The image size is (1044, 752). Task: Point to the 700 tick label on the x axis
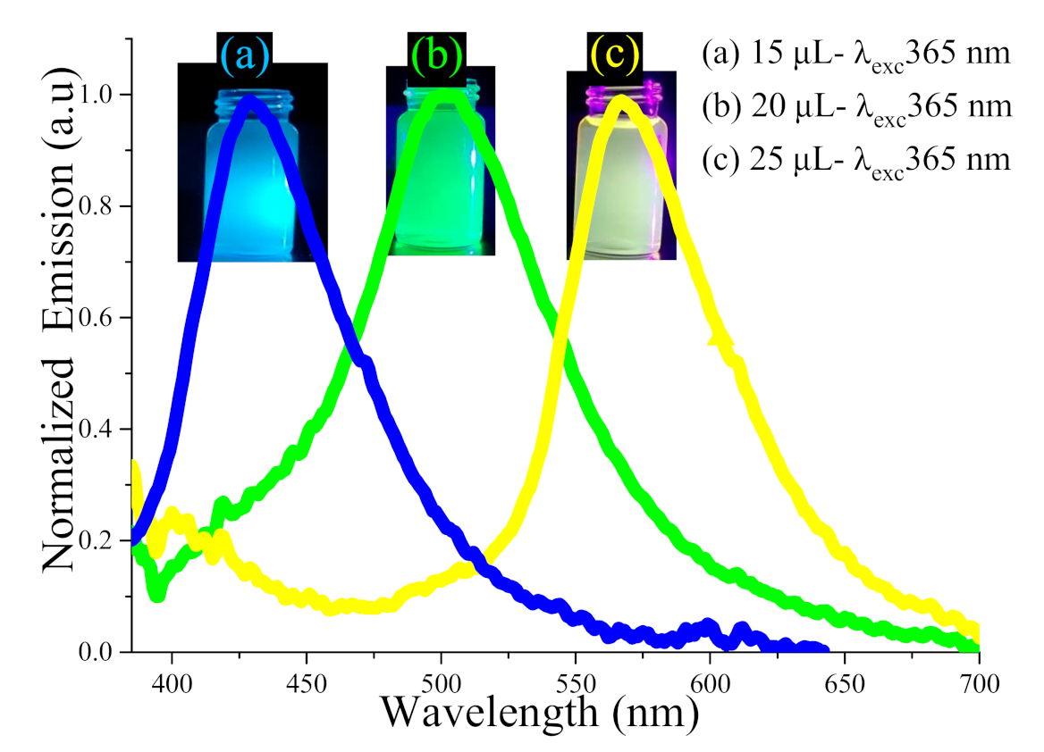coord(979,686)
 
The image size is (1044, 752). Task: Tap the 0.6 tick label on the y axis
coord(100,318)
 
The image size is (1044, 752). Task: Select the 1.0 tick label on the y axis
coord(100,95)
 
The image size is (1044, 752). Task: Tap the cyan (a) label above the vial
coord(244,56)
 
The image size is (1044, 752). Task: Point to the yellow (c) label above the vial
coord(613,56)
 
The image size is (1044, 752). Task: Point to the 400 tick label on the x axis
coord(172,686)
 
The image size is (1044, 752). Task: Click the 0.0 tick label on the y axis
coord(100,653)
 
